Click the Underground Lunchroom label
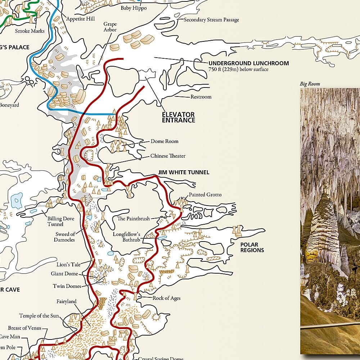tap(249, 63)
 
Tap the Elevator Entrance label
tap(178, 117)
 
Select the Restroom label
tap(201, 97)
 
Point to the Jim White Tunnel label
tap(184, 172)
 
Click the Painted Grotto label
tap(205, 195)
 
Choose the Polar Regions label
tap(252, 247)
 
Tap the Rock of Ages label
tap(166, 298)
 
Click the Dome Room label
tap(165, 141)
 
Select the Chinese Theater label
tap(168, 156)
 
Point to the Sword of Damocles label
tap(65, 237)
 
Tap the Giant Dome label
tap(64, 274)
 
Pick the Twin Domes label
tap(67, 286)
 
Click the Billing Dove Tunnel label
tap(60, 221)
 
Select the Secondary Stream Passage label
tap(211, 20)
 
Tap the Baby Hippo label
tap(134, 8)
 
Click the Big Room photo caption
tap(310, 84)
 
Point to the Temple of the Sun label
tap(39, 316)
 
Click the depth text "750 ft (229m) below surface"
tap(238, 69)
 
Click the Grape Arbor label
tap(110, 27)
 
